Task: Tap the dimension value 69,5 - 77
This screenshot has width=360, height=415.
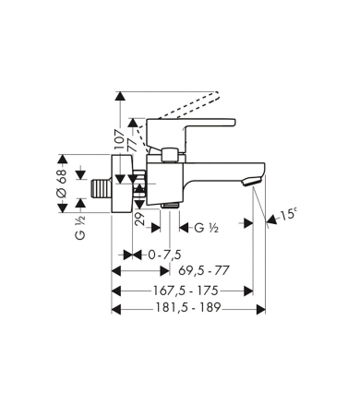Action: pos(205,270)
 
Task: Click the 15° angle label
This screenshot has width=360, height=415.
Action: pos(290,214)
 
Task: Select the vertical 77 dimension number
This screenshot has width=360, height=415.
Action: pos(133,146)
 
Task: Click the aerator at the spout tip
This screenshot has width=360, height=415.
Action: pos(246,185)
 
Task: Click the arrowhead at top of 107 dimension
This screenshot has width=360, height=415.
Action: pos(119,95)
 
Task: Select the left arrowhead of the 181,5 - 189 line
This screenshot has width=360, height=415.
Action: pos(115,311)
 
